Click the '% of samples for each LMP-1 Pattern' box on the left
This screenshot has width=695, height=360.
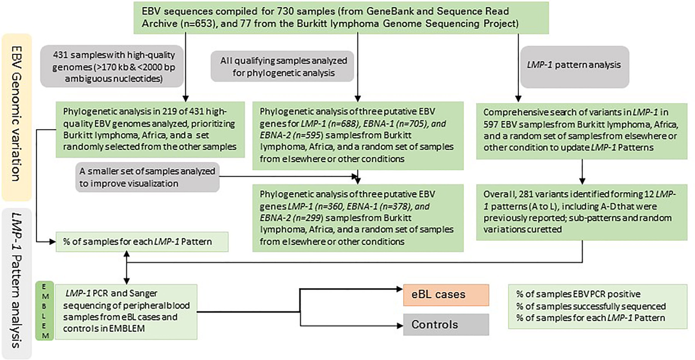tap(141, 240)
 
